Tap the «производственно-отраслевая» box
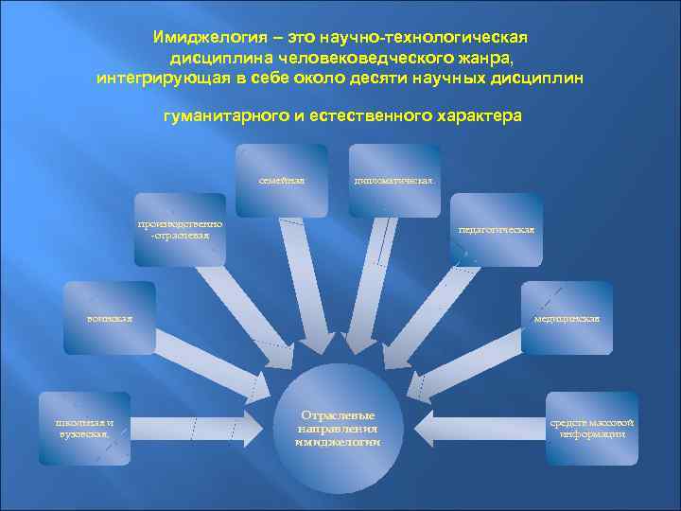point(180,230)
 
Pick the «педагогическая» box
point(497,230)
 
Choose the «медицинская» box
point(567,318)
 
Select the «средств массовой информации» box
point(593,428)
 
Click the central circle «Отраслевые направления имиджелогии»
point(338,428)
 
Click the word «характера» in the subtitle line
point(475,116)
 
